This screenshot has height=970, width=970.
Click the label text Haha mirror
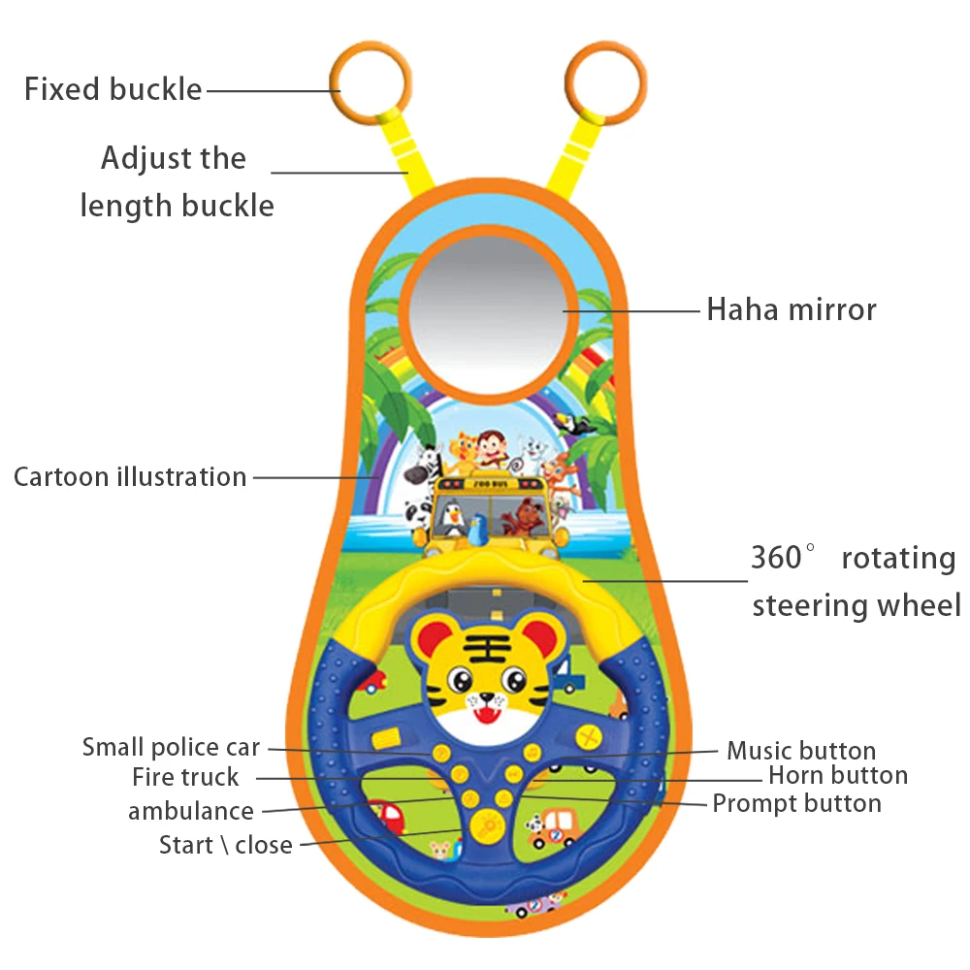click(x=791, y=309)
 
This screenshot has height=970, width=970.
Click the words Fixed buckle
click(x=113, y=89)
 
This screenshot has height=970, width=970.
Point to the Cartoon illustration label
click(x=130, y=477)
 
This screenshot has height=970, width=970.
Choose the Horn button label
click(x=837, y=775)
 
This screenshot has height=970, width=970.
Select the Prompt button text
click(x=796, y=803)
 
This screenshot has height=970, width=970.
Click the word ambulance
click(x=191, y=811)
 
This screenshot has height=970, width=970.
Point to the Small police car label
click(x=171, y=747)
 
